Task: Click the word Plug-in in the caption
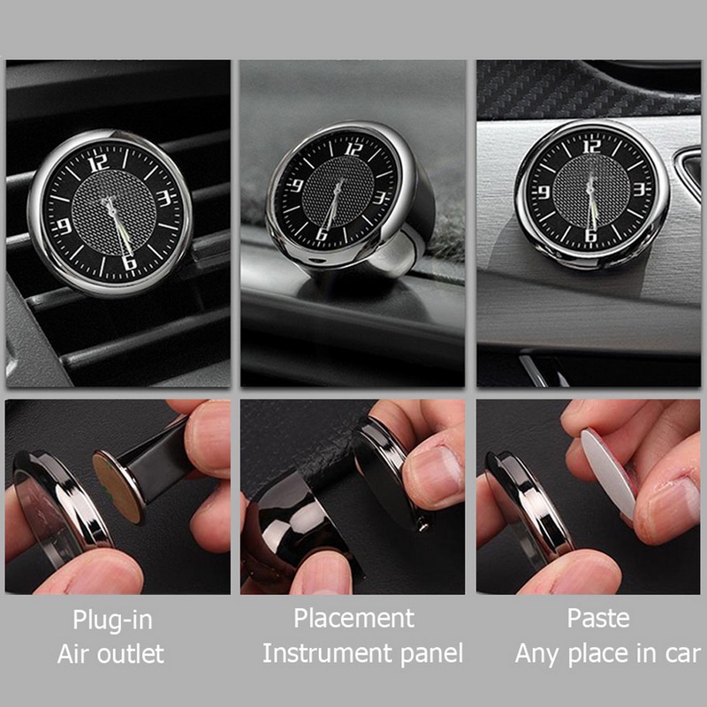point(111,618)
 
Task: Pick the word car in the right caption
point(679,654)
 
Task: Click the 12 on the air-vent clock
point(99,162)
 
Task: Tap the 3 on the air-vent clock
point(164,198)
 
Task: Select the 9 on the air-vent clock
point(64,226)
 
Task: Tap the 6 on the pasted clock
point(591,235)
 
